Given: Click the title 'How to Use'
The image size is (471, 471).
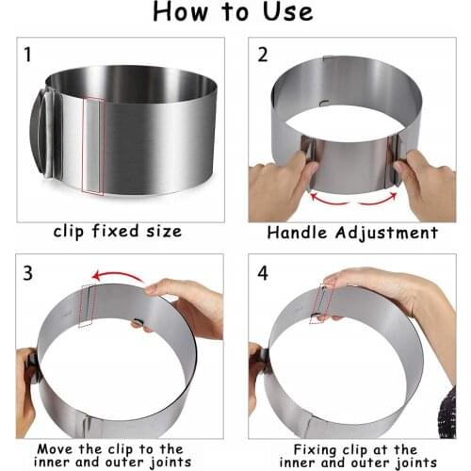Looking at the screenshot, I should pos(235,14).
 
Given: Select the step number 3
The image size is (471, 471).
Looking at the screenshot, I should pos(27,273).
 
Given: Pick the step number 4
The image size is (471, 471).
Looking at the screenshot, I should pos(262,273).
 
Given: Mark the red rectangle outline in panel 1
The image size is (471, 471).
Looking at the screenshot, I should pos(92,145).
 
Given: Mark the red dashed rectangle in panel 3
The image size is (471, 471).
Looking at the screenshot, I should pos(88,306).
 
